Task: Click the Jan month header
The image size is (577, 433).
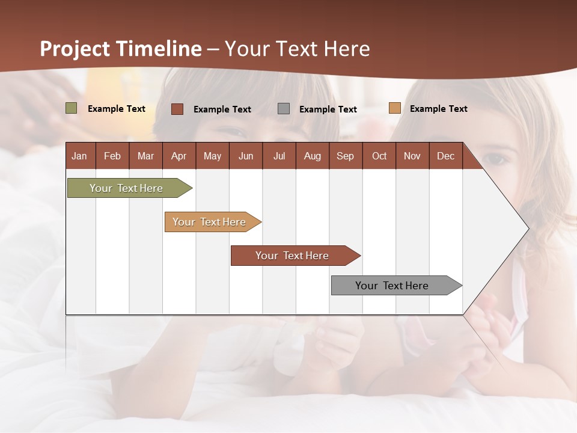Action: pyautogui.click(x=79, y=156)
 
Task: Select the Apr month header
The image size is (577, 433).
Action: pyautogui.click(x=179, y=156)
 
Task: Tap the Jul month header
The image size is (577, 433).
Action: pyautogui.click(x=279, y=156)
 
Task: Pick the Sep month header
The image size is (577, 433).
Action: pyautogui.click(x=345, y=156)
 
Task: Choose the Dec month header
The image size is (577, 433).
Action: pyautogui.click(x=445, y=156)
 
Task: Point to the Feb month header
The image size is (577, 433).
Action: pyautogui.click(x=112, y=156)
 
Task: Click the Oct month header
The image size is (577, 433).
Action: pyautogui.click(x=379, y=156)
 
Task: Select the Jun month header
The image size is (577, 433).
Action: pyautogui.click(x=246, y=156)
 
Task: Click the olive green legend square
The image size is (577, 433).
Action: pyautogui.click(x=72, y=108)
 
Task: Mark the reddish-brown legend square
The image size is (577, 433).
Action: pyautogui.click(x=177, y=109)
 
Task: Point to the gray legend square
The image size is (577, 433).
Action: pyautogui.click(x=284, y=109)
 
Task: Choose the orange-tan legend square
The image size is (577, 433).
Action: pyautogui.click(x=394, y=108)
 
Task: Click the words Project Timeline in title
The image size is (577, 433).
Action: pyautogui.click(x=121, y=49)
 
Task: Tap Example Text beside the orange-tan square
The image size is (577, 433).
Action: pyautogui.click(x=438, y=109)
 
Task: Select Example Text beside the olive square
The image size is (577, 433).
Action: pyautogui.click(x=117, y=109)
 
